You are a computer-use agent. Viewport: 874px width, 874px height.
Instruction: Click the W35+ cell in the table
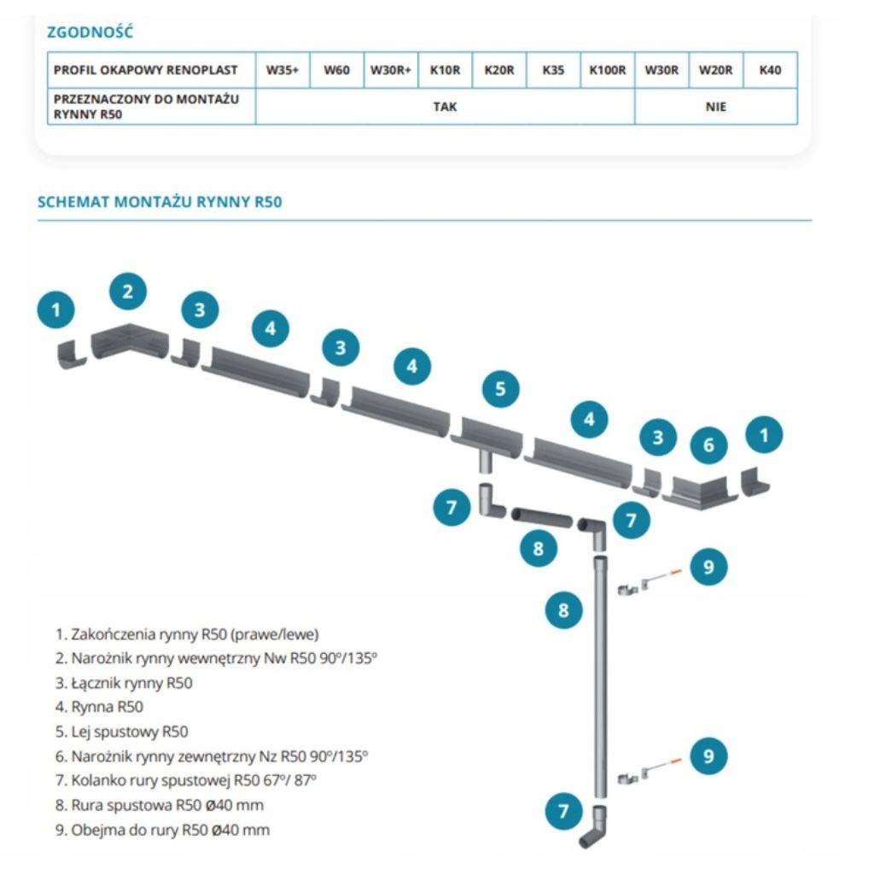click(283, 71)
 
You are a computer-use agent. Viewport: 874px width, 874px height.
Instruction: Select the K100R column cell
click(608, 71)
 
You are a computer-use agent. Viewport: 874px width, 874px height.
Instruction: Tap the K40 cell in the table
click(770, 71)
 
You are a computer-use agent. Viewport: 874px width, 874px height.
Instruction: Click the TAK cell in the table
click(445, 107)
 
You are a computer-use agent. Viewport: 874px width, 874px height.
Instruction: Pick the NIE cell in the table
click(716, 107)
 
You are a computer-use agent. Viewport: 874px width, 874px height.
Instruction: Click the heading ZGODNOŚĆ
click(90, 33)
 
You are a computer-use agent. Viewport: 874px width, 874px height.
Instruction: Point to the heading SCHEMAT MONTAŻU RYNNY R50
click(160, 202)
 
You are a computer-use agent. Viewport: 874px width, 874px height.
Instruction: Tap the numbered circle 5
click(500, 389)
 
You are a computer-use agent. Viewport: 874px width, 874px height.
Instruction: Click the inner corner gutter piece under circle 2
click(125, 340)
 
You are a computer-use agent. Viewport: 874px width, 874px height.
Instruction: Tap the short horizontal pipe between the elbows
click(541, 516)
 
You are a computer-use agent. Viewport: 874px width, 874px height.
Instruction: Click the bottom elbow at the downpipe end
click(595, 827)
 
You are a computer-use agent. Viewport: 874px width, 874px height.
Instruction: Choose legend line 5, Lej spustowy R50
click(121, 731)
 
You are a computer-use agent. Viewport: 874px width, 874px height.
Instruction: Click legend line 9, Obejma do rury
click(162, 829)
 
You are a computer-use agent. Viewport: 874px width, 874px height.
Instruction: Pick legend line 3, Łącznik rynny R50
click(124, 683)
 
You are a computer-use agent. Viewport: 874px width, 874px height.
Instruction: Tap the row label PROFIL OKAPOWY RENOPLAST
click(145, 71)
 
